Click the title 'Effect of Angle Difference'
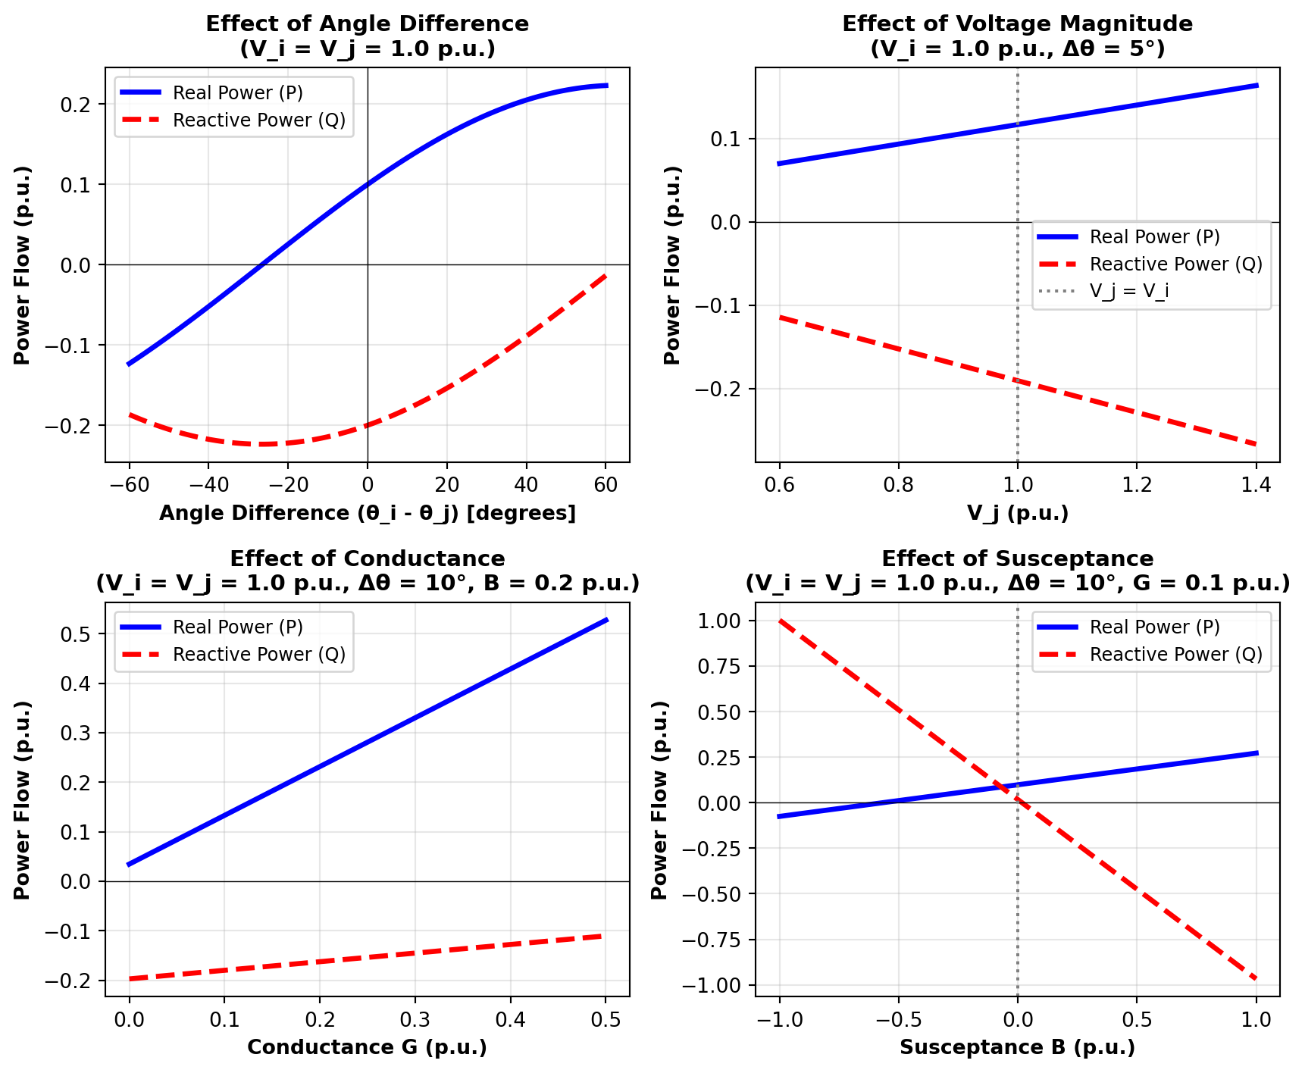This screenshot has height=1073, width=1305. (368, 24)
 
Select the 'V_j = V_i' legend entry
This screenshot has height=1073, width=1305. (1128, 291)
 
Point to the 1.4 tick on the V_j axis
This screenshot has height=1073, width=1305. (1256, 485)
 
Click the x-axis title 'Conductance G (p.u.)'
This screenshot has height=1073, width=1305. (367, 1047)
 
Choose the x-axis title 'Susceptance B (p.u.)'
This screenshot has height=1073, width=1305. (1017, 1047)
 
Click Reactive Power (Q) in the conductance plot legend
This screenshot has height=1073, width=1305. (258, 655)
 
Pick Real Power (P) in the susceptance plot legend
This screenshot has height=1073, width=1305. (1154, 627)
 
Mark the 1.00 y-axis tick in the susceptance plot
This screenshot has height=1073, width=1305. (723, 621)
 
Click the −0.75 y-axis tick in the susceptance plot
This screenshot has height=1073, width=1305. (717, 940)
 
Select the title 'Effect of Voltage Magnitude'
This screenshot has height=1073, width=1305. (1017, 24)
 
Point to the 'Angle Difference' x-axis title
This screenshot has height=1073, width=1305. (367, 513)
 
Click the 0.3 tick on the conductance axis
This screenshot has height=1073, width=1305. (415, 1020)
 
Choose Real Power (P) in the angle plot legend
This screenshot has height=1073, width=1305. (237, 93)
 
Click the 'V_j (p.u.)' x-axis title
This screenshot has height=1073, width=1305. (1017, 513)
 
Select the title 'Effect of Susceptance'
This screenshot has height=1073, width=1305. (1017, 559)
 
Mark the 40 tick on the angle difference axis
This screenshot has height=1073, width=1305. (526, 485)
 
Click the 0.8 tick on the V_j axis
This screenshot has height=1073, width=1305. (898, 485)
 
